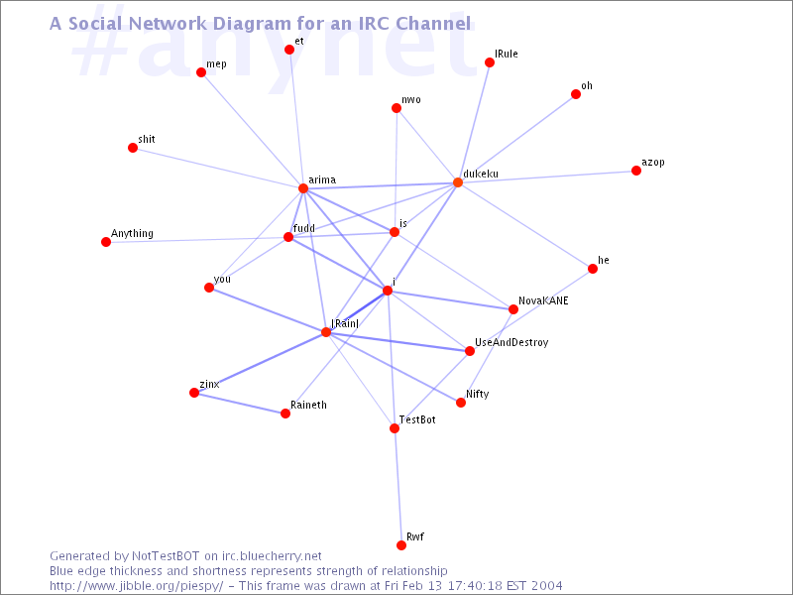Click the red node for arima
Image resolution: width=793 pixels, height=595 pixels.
coord(303,188)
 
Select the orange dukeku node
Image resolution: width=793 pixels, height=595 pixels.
coord(458,182)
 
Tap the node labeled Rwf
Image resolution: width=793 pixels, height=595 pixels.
coord(401,544)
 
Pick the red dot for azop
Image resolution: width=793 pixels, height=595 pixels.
coord(636,171)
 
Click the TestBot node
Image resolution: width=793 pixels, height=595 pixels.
coord(395,428)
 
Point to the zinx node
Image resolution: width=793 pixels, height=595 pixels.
coord(194,393)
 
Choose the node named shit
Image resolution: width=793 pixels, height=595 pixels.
coord(133,148)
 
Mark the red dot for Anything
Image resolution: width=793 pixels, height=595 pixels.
coord(106,242)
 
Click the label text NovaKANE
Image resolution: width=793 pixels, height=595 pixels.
coord(543,300)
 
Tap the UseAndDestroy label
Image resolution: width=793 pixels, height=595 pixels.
coord(511,342)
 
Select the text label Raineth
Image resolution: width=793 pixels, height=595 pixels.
coord(308,405)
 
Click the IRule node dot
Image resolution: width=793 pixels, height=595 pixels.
coord(490,62)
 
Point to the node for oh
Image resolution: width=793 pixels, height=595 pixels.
coord(576,94)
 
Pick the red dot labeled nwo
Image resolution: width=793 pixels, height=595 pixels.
coord(396,108)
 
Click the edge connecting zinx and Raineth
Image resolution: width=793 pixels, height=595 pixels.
coord(240,404)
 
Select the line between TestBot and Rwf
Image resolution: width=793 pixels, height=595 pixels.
coord(398,487)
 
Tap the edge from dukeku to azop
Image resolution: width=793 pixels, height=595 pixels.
coord(547,177)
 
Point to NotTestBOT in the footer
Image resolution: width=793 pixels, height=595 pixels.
coord(166,556)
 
